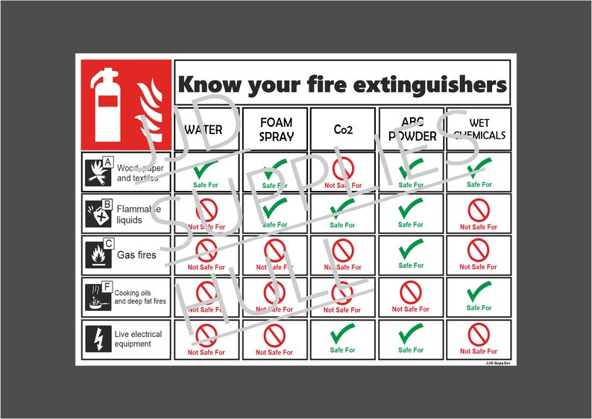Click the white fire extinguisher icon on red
pyautogui.click(x=106, y=103)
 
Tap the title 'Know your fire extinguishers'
pyautogui.click(x=341, y=85)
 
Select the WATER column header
pyautogui.click(x=204, y=129)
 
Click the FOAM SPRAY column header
pyautogui.click(x=276, y=129)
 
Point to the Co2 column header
pyautogui.click(x=344, y=129)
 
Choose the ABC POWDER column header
pyautogui.click(x=411, y=129)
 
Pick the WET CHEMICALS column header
pyautogui.click(x=478, y=129)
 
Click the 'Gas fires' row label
pyautogui.click(x=136, y=255)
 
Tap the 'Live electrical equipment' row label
pyautogui.click(x=139, y=339)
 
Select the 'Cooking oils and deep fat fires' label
pyautogui.click(x=140, y=297)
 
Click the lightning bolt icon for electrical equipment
pyautogui.click(x=98, y=339)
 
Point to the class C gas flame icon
pyautogui.click(x=98, y=255)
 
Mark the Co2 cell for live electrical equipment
pyautogui.click(x=343, y=339)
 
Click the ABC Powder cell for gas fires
pyautogui.click(x=411, y=255)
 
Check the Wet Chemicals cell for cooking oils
pyautogui.click(x=478, y=297)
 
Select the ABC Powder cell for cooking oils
pyautogui.click(x=411, y=297)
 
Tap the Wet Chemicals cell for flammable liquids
pyautogui.click(x=478, y=213)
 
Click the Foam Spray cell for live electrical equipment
pyautogui.click(x=276, y=339)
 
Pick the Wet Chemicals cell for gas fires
pyautogui.click(x=478, y=255)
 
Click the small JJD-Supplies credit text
pyautogui.click(x=497, y=364)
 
